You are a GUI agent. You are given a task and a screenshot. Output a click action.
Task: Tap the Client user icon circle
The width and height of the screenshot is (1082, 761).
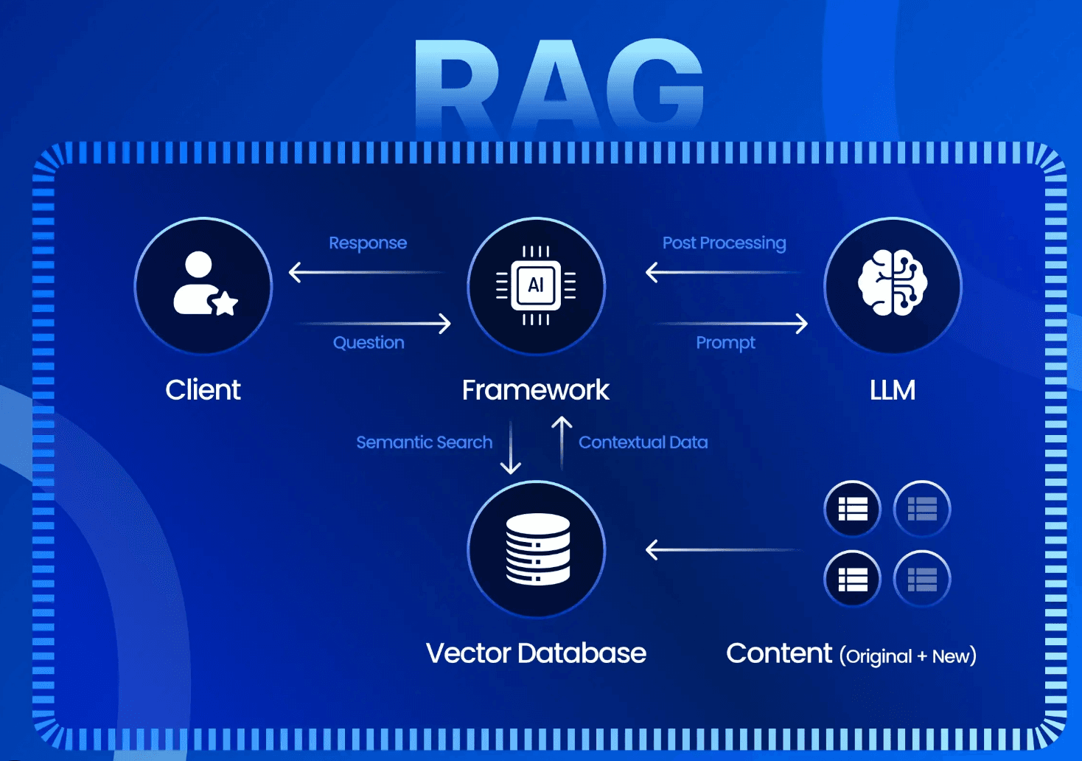tap(203, 286)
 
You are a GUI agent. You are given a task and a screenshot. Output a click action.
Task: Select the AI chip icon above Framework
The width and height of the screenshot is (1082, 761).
tap(536, 285)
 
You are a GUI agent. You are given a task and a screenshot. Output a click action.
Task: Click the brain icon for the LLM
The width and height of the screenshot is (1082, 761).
tap(893, 283)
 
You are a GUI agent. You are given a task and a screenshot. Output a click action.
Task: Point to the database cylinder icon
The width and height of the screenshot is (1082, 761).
tap(537, 549)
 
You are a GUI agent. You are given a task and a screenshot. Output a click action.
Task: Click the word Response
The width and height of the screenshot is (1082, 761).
tap(368, 243)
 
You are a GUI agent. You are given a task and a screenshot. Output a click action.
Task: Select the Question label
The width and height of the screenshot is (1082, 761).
tap(369, 342)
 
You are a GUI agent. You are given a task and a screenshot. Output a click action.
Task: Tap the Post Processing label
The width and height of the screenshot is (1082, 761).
tap(724, 243)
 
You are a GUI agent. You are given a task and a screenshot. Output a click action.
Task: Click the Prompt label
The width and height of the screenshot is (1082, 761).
tap(725, 342)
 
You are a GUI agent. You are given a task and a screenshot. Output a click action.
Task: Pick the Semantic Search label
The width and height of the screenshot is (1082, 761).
tap(424, 442)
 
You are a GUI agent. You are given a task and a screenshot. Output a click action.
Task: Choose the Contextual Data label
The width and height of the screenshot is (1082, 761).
tap(643, 442)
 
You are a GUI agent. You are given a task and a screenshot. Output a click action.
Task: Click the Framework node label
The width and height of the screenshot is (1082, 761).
tap(535, 389)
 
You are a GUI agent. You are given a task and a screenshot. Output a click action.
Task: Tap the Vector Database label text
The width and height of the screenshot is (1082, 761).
tap(536, 653)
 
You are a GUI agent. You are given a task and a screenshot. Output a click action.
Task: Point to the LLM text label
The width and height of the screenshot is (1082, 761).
tap(892, 389)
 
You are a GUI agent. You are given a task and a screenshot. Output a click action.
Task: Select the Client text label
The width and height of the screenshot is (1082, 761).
tap(203, 389)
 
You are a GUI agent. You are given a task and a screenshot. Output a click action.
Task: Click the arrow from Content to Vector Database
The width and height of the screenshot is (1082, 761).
tap(722, 550)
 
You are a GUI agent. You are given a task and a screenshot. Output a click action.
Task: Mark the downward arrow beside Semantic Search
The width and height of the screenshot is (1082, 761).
tap(510, 447)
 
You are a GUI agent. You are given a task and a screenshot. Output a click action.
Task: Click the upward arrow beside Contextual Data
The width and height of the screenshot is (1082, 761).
tap(562, 442)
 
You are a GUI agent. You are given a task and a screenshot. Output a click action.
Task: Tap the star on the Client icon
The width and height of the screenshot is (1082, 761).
tap(224, 302)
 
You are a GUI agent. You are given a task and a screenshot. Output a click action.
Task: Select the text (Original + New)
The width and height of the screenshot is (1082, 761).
tap(907, 656)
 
